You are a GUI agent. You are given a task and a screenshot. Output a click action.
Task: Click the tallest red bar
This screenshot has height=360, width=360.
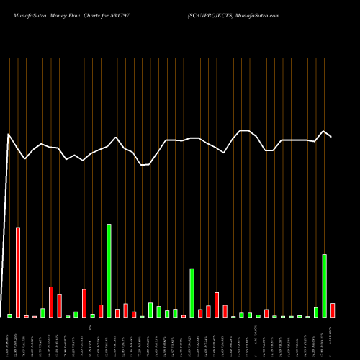(18, 272)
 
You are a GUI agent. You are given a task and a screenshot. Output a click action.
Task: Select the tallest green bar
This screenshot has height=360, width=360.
(109, 271)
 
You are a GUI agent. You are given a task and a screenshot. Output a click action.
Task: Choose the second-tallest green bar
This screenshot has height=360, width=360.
(325, 286)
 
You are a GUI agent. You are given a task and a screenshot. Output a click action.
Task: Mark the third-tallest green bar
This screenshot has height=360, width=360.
(192, 293)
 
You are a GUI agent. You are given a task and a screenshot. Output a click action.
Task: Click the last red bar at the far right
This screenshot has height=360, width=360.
(333, 310)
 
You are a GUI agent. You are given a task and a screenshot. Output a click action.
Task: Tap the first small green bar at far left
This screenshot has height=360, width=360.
(9, 315)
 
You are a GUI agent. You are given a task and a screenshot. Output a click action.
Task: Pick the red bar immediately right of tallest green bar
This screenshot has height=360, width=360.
(117, 313)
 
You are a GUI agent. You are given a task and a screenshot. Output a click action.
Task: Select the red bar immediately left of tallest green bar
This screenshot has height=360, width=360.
(101, 311)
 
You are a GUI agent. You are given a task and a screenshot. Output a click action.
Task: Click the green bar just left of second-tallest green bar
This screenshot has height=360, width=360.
(316, 312)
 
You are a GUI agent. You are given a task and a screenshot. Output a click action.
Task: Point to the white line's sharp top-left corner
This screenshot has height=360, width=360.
(9, 134)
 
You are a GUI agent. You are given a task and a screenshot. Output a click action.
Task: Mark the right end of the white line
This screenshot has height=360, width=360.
(331, 136)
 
